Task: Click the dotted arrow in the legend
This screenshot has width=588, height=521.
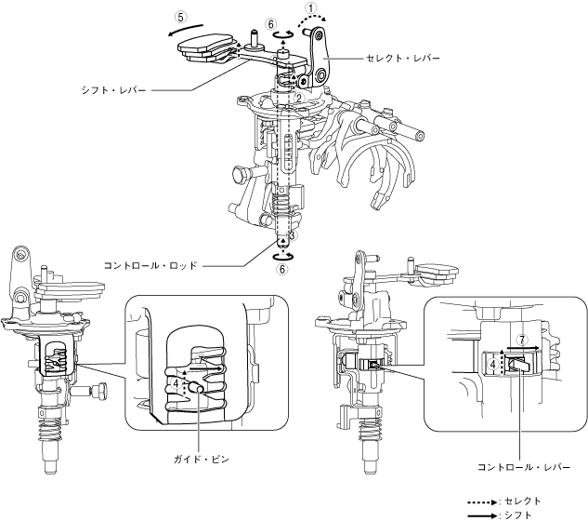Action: (482, 501)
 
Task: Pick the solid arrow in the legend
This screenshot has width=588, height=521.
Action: (482, 514)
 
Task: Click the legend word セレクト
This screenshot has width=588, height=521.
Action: (522, 501)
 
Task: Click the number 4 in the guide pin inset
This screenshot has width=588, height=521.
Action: (176, 381)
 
